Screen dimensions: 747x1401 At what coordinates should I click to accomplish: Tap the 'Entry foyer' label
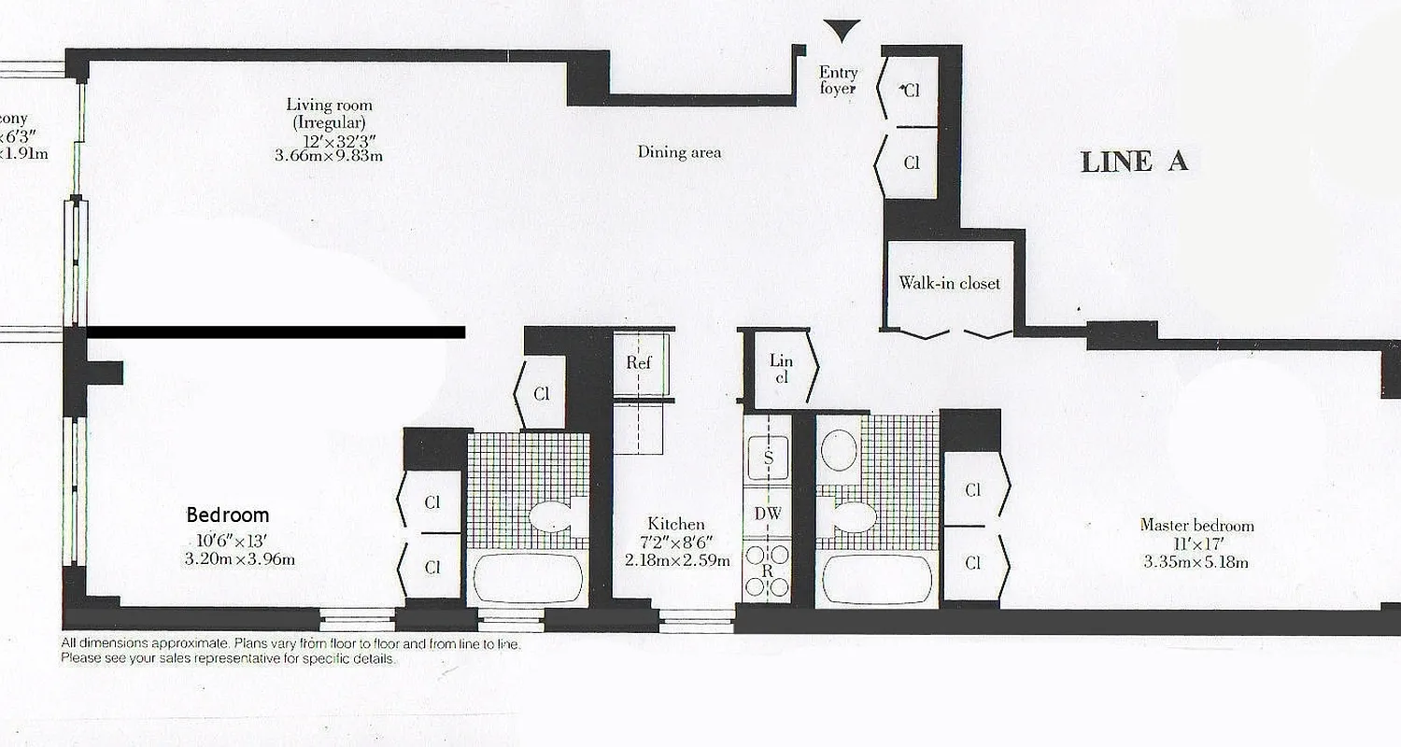click(838, 80)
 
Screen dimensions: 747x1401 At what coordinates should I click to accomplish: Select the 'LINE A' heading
click(1134, 162)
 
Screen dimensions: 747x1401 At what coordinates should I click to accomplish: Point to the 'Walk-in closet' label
click(949, 283)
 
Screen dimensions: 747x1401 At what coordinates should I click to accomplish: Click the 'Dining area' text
click(679, 152)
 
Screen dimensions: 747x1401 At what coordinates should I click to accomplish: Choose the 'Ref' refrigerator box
click(639, 362)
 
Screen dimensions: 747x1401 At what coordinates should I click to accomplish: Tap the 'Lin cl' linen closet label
click(781, 369)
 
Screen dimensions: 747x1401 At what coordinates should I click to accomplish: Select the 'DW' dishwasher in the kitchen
click(768, 513)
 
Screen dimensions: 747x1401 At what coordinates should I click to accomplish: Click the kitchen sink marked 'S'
click(768, 458)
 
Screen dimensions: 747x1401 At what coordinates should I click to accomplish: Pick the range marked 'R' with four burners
click(768, 571)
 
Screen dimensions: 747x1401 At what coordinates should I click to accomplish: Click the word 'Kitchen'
click(676, 524)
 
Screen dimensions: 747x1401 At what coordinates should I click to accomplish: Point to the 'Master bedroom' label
click(1196, 525)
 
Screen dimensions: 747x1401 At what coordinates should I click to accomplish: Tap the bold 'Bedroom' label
click(228, 514)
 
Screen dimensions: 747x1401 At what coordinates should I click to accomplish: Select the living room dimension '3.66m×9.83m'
click(329, 156)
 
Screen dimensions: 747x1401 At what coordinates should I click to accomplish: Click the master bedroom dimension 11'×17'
click(1196, 543)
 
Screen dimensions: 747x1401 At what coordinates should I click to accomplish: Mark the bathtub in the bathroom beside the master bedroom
click(874, 580)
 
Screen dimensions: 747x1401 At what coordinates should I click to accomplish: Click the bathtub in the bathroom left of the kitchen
click(528, 580)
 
